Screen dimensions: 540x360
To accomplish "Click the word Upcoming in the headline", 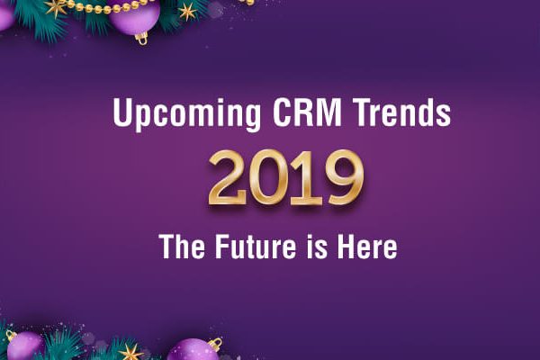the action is [186, 113].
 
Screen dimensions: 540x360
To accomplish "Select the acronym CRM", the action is [307, 112].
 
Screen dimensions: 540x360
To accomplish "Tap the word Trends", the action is [402, 112].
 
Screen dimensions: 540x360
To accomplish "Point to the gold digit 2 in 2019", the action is [228, 177].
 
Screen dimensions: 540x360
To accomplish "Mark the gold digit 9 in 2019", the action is [344, 178].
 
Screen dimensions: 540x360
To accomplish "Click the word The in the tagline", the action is [182, 246].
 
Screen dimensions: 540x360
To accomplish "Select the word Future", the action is [256, 246].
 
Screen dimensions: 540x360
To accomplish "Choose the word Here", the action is [367, 246].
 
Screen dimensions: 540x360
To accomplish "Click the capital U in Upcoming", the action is [122, 112].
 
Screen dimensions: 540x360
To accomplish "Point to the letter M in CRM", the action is [328, 112].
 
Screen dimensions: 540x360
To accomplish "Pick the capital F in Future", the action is [222, 246].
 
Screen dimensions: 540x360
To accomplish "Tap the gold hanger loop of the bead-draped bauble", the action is [141, 39].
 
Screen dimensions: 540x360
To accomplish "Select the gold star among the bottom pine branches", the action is [130, 353].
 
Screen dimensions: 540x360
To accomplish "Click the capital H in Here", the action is [346, 246].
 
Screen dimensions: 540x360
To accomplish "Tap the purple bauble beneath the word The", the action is [193, 350].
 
